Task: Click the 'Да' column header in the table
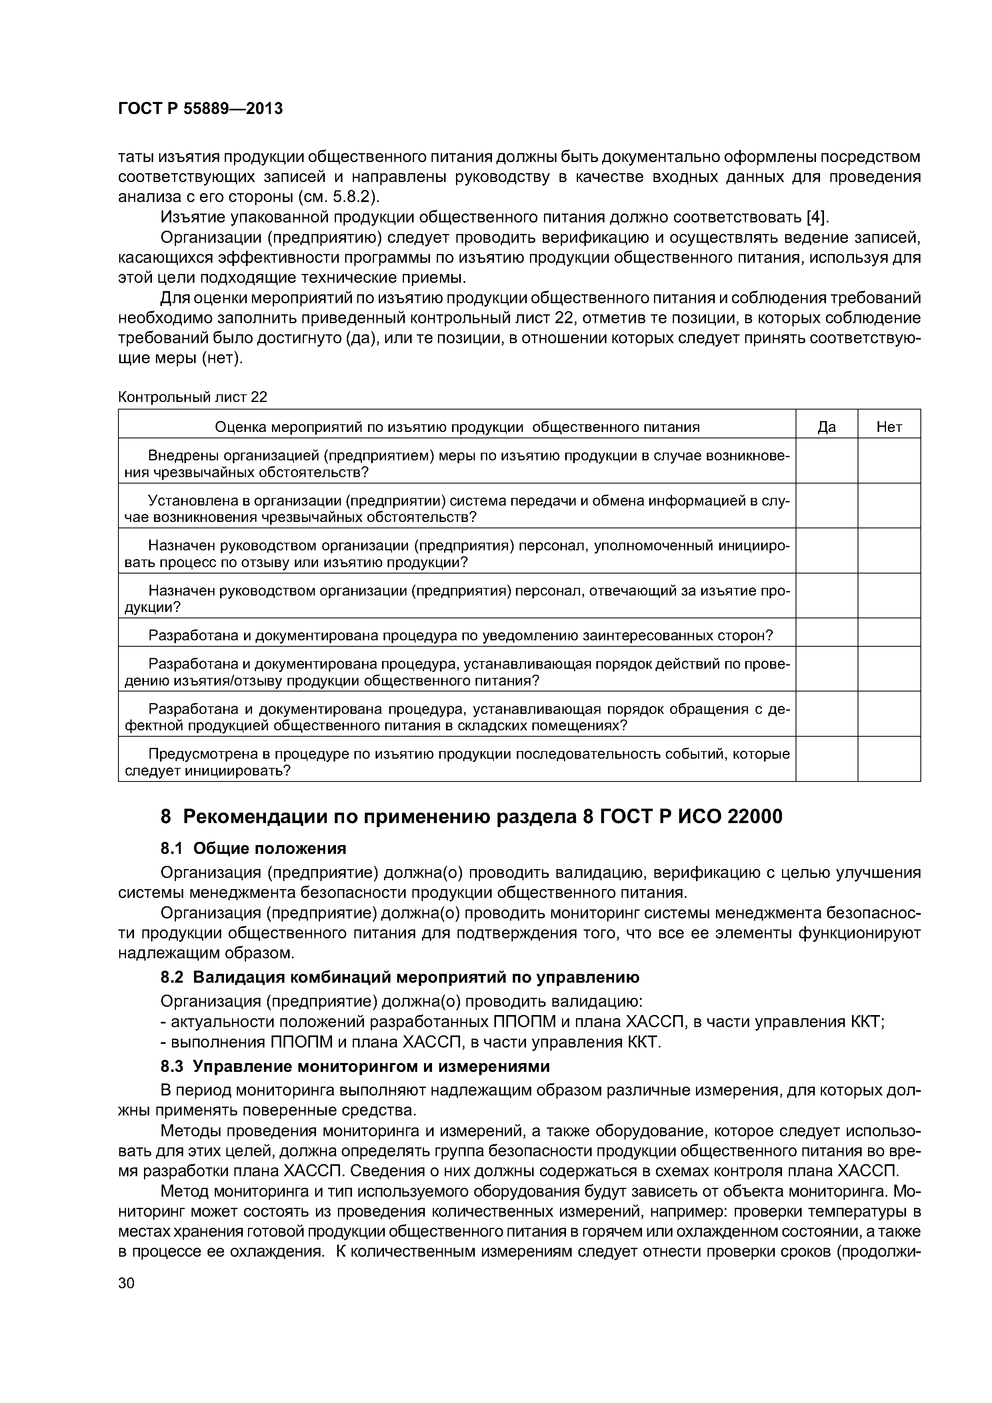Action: click(826, 427)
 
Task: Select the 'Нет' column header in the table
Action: click(889, 427)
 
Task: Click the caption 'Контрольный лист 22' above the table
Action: click(192, 397)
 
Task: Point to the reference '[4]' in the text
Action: click(818, 217)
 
